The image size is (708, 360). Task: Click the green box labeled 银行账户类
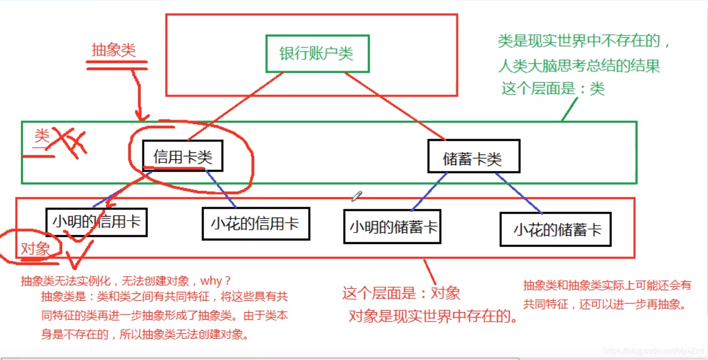317,54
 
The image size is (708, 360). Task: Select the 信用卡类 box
183,157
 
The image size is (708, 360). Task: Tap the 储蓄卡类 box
473,158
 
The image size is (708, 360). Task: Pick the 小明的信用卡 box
97,222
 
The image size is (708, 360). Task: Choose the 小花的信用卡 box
255,224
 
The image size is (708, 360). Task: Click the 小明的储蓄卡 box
392,227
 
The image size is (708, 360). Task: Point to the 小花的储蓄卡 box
556,230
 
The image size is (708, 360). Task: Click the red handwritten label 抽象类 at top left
114,50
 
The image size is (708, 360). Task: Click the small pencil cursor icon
356,196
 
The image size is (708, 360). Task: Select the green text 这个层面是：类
553,89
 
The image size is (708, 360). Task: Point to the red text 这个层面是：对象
401,293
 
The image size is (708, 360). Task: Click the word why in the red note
218,281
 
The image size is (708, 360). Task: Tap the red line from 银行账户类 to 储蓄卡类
393,106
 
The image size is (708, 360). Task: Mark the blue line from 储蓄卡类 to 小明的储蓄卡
429,192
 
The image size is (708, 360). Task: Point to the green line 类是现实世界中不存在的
585,41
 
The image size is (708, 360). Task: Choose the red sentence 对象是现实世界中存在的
433,316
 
